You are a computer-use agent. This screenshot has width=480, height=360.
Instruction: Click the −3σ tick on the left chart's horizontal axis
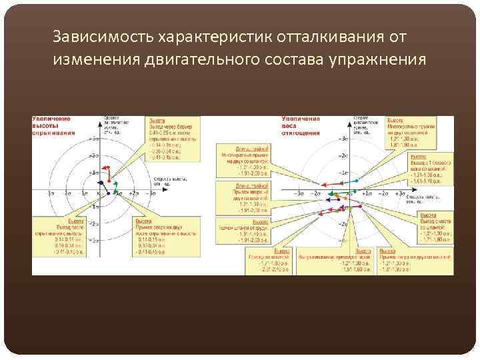click(52, 193)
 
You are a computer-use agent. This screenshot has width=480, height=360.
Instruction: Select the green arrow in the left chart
click(114, 187)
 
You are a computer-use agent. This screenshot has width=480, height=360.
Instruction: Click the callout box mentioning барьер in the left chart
click(172, 139)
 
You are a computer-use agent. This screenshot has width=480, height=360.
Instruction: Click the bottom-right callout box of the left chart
click(160, 237)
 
